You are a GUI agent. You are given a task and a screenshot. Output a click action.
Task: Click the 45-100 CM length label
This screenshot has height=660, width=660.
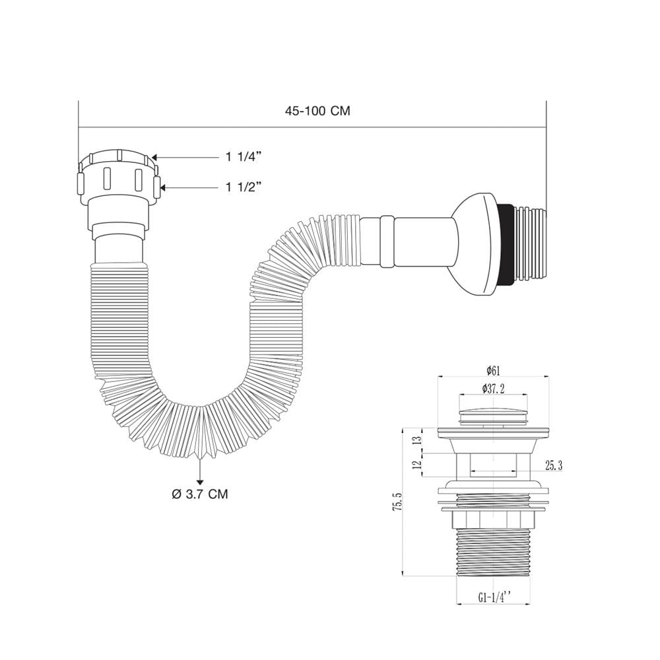317,111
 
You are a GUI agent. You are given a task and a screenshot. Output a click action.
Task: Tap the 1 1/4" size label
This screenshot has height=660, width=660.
244,157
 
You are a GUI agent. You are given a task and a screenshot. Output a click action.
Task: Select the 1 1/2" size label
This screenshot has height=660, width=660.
244,187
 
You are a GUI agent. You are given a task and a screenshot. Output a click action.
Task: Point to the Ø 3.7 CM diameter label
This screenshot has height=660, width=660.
200,494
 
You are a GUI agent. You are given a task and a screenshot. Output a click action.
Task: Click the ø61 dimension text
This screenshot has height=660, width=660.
493,371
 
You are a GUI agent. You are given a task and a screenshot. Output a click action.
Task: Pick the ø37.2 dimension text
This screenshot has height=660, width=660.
493,389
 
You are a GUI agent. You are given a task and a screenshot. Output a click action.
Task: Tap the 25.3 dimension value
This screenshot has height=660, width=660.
554,465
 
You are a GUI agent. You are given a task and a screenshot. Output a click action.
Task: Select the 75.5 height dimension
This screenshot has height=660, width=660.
397,502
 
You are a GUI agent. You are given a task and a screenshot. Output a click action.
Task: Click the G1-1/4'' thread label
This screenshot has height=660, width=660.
494,598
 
